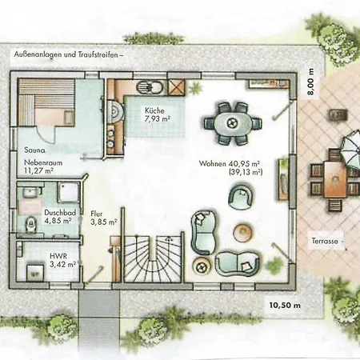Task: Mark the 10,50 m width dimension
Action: pyautogui.click(x=285, y=305)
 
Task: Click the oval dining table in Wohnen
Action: pyautogui.click(x=230, y=122)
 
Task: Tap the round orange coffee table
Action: pyautogui.click(x=242, y=232)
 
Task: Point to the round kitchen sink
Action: pyautogui.click(x=146, y=89)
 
